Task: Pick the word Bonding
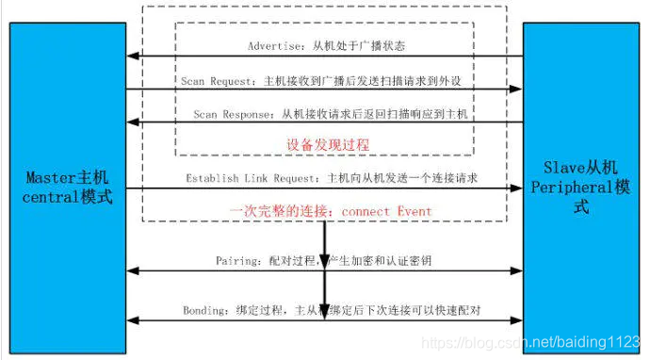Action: pos(205,309)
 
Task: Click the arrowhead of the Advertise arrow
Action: pos(133,57)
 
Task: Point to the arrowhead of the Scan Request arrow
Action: pos(517,90)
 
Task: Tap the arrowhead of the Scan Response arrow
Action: pos(133,123)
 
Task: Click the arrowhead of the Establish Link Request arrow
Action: pos(517,188)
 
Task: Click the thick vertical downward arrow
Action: pos(324,250)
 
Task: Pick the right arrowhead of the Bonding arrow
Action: pos(517,322)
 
